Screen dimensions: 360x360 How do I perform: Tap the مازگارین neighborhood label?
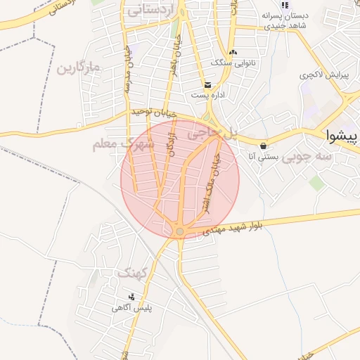point(79,68)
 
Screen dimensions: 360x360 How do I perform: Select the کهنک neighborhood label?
point(132,273)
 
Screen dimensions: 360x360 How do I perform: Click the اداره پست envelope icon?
point(207,84)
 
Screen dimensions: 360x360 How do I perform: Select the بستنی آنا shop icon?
point(263,146)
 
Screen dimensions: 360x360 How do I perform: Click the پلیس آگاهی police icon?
point(131,297)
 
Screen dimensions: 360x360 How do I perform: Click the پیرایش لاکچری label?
point(324,75)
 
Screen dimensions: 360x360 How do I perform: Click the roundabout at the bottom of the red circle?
point(180,231)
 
